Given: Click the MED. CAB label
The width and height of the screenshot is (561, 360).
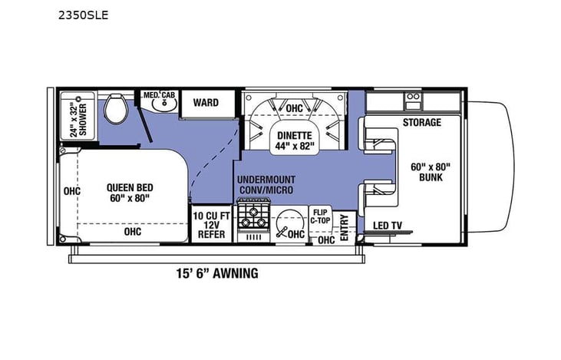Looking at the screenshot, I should [159, 95].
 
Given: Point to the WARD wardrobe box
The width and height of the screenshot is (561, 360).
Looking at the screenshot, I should [205, 103].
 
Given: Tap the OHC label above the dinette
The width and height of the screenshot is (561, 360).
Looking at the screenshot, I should [295, 109].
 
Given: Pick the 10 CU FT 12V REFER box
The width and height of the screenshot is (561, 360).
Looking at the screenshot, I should [210, 223].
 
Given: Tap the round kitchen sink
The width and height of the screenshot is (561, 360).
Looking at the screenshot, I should [289, 221].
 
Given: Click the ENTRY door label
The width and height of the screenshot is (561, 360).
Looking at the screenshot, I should [344, 228].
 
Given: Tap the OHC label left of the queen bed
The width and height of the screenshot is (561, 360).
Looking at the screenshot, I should [73, 191].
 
